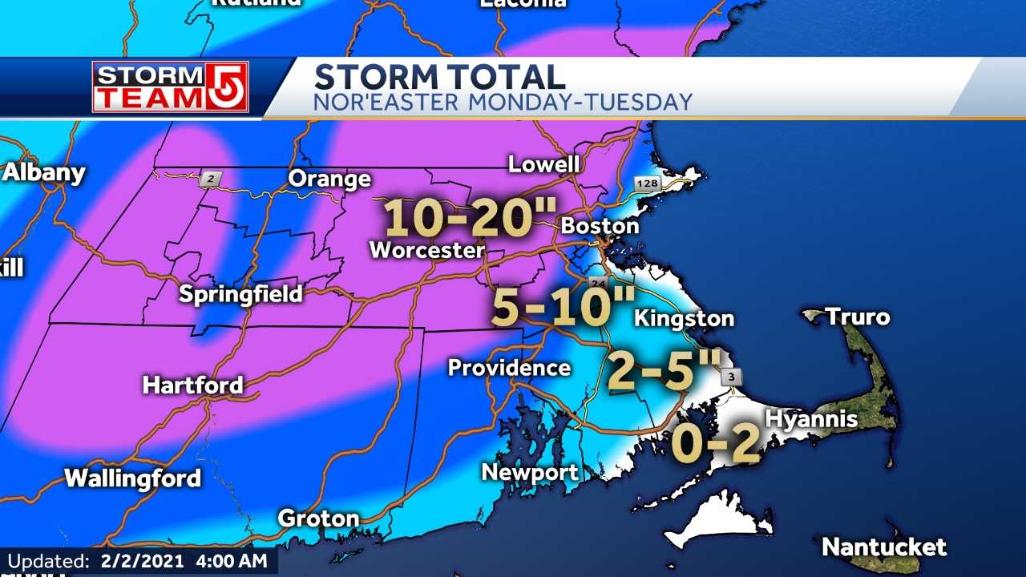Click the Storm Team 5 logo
coord(170,87)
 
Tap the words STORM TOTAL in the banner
coord(439,78)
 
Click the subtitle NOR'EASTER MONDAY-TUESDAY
coord(503,103)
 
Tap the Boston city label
coord(600,226)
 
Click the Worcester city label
coord(426,250)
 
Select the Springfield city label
coord(240,294)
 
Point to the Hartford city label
coord(192,385)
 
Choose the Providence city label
coord(509,368)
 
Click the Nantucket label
coord(884,548)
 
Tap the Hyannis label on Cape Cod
coord(811,418)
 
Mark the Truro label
coord(858,317)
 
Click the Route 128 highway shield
coord(647,184)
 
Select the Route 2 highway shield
coord(209,180)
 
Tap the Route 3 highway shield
coord(731,377)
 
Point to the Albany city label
coord(43,173)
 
